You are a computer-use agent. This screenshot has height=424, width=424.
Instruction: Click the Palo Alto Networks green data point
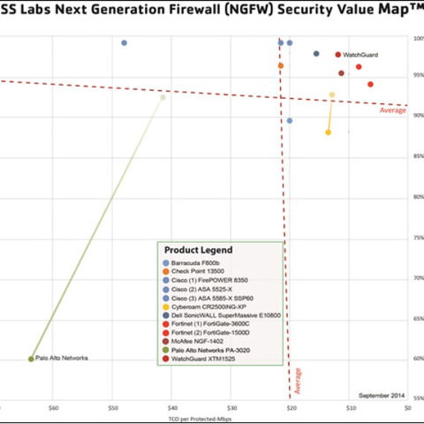(31, 359)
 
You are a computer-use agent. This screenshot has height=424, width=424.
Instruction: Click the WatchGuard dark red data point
(338, 55)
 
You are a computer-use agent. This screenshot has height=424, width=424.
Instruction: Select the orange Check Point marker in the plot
(281, 65)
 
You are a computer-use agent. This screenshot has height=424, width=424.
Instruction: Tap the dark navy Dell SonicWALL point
(316, 54)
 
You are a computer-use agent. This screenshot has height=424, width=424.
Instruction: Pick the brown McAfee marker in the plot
(342, 73)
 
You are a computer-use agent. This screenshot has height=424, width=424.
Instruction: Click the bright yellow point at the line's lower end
(328, 132)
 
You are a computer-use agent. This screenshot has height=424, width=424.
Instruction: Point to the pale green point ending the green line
(163, 97)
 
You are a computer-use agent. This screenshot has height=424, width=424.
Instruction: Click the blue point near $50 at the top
(125, 42)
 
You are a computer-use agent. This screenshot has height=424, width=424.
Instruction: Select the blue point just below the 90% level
(290, 120)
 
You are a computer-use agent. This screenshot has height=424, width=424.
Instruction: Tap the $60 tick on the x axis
(53, 408)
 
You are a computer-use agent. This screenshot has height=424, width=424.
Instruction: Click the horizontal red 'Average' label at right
(392, 110)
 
